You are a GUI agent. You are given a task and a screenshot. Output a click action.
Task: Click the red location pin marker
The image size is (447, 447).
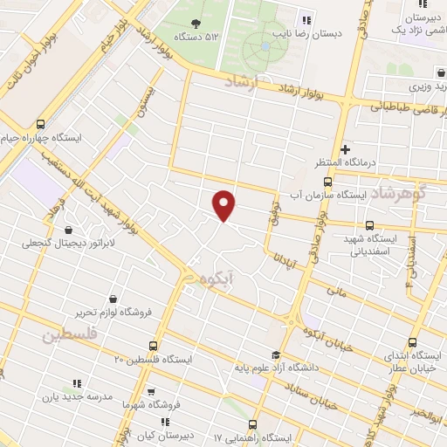[224, 205]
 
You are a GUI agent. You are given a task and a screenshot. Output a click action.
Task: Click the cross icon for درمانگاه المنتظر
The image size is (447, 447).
[345, 149]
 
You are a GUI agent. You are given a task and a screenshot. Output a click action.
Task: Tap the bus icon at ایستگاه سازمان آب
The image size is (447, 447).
[327, 182]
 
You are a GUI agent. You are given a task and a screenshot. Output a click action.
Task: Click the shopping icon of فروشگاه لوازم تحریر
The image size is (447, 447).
[113, 299]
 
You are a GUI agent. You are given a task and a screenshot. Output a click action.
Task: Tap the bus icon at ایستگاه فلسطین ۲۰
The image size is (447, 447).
[154, 347]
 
